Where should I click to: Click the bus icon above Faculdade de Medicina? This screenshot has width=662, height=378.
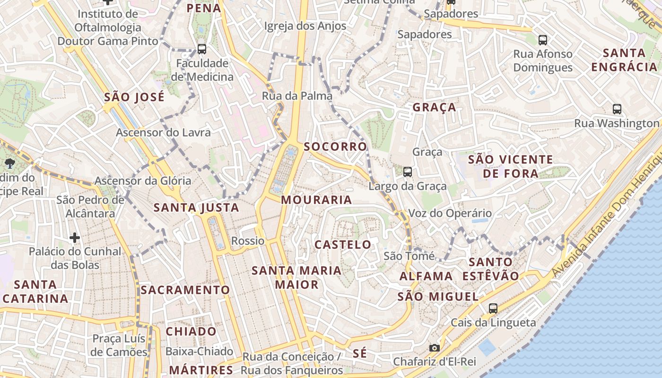tap(202, 49)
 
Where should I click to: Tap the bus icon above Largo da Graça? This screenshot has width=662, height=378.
tap(408, 172)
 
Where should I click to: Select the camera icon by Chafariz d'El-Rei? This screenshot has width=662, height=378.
tap(434, 348)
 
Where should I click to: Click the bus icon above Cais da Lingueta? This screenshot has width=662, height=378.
tap(493, 309)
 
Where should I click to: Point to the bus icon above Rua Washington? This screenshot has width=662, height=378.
tap(617, 109)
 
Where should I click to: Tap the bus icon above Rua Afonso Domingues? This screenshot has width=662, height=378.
tap(543, 40)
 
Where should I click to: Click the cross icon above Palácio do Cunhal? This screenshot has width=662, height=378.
tap(75, 237)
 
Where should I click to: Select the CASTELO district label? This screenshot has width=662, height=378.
tap(343, 245)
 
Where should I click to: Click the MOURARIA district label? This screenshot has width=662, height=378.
tap(316, 200)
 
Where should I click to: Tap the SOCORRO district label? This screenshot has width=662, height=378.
tap(335, 146)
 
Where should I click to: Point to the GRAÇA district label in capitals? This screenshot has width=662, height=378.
tap(434, 107)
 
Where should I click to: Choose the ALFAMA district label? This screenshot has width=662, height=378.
tap(426, 276)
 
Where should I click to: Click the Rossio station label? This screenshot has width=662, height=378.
tap(248, 241)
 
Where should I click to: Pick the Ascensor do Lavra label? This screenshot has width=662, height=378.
tap(163, 132)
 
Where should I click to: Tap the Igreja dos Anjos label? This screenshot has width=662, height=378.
tap(305, 26)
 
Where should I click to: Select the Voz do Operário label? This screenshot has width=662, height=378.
tap(450, 213)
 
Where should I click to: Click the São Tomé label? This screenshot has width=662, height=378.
tap(409, 256)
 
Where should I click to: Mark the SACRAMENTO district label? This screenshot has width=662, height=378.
tap(185, 290)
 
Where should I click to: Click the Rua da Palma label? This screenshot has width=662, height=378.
tap(297, 96)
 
